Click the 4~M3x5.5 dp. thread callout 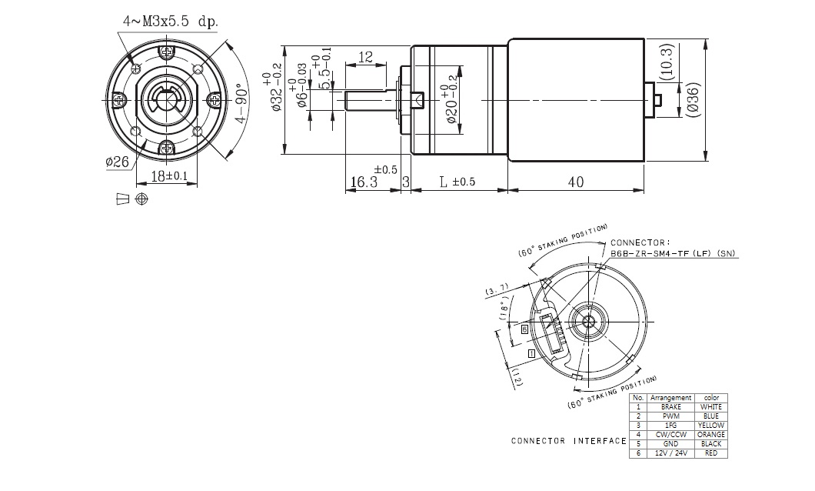click(170, 21)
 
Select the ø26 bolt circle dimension click(117, 161)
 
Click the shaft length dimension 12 click(365, 57)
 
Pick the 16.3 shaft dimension click(364, 182)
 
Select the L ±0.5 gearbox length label click(457, 182)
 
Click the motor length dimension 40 click(575, 182)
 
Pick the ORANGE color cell click(710, 435)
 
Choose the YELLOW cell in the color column click(710, 426)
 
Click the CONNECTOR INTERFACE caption click(568, 441)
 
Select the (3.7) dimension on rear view click(497, 289)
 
